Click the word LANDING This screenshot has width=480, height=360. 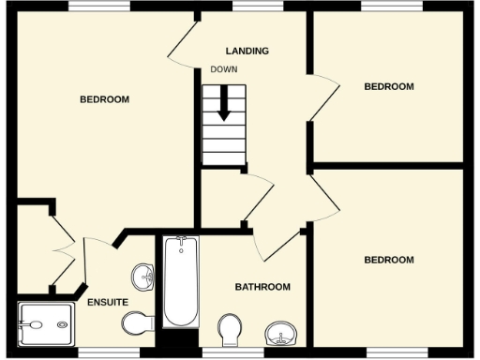pyautogui.click(x=247, y=51)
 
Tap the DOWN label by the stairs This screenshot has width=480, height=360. pyautogui.click(x=223, y=70)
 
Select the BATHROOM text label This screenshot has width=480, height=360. pyautogui.click(x=262, y=287)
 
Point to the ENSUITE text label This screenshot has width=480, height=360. pyautogui.click(x=108, y=302)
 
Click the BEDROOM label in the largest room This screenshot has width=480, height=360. pyautogui.click(x=104, y=99)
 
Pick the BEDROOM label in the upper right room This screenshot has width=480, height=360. pyautogui.click(x=388, y=86)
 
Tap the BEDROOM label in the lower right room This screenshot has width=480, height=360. pyautogui.click(x=388, y=260)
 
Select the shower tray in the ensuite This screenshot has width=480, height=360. pyautogui.click(x=44, y=324)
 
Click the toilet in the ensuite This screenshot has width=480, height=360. pyautogui.click(x=137, y=322)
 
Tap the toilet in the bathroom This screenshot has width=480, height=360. pyautogui.click(x=229, y=330)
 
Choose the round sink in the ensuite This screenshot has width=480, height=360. pyautogui.click(x=142, y=277)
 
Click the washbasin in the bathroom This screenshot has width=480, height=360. pyautogui.click(x=280, y=333)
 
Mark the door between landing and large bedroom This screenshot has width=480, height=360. pyautogui.click(x=183, y=42)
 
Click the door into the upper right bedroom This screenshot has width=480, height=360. pyautogui.click(x=323, y=99)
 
